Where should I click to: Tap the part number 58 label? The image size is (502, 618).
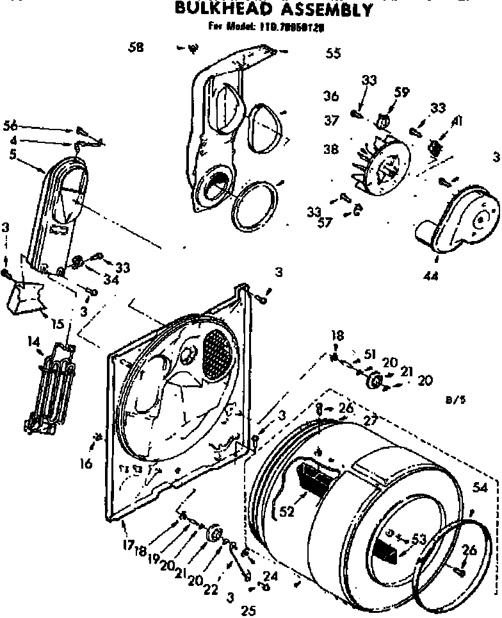click(x=135, y=47)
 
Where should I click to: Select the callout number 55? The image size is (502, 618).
click(x=333, y=54)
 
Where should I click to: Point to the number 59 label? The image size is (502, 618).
click(x=401, y=92)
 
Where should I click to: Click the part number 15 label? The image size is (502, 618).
click(x=57, y=324)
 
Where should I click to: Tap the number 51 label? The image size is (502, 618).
click(x=369, y=355)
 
